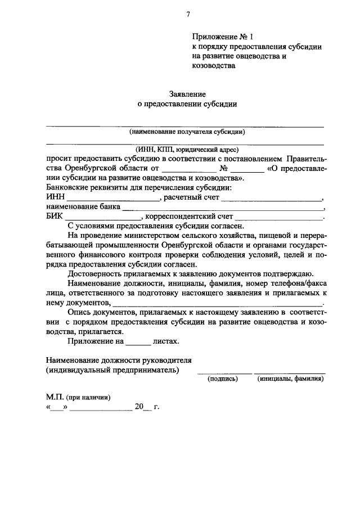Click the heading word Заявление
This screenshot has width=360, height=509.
pyautogui.click(x=188, y=94)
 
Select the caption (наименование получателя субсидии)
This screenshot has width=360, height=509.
pyautogui.click(x=187, y=132)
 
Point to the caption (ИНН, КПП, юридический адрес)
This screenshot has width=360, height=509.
pyautogui.click(x=187, y=150)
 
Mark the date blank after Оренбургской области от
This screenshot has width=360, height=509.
pyautogui.click(x=188, y=170)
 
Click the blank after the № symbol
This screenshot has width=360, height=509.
pyautogui.click(x=247, y=170)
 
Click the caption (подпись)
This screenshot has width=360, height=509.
pyautogui.click(x=223, y=379)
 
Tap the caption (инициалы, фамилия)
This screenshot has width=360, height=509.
pyautogui.click(x=290, y=379)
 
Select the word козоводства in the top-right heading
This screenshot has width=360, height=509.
pyautogui.click(x=213, y=65)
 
